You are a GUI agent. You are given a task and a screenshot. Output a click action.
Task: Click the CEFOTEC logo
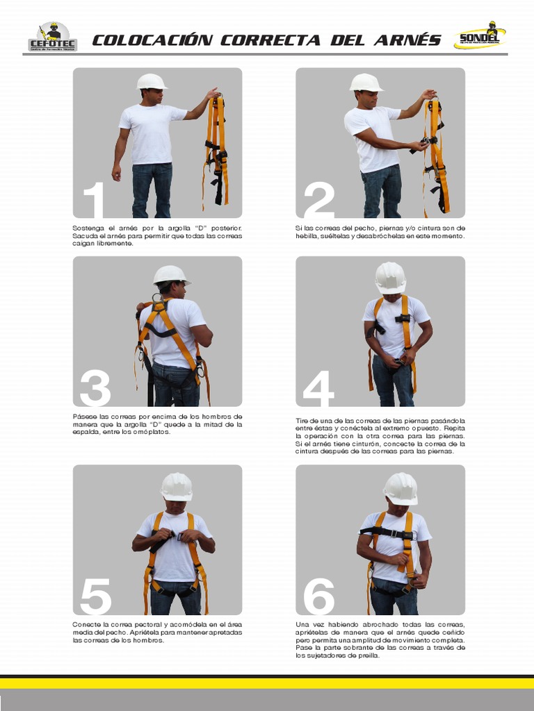(53, 37)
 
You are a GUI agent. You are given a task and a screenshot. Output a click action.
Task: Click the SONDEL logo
(480, 35)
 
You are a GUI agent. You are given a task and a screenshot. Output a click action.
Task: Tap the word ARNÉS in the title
(407, 40)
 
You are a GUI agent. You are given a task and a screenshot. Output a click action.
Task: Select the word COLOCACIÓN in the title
(152, 40)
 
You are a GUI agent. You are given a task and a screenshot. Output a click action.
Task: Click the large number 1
(94, 199)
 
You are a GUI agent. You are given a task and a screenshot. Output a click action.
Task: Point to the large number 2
(319, 199)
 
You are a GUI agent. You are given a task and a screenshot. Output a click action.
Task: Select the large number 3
(95, 388)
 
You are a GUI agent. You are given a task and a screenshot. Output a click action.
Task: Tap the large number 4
(318, 388)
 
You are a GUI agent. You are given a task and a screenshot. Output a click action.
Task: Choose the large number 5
(96, 596)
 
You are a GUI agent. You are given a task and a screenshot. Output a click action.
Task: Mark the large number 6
(319, 596)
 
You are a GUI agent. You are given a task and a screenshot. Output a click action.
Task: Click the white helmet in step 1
(152, 82)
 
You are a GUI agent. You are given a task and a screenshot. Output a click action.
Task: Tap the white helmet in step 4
(390, 278)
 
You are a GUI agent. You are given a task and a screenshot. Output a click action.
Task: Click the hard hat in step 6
(400, 489)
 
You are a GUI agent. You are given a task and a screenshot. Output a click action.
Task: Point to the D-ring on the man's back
(158, 300)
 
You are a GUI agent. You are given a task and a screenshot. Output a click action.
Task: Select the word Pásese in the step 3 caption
(83, 417)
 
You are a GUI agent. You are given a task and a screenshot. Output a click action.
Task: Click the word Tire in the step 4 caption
(302, 421)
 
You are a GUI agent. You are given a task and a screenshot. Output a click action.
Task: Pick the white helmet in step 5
(177, 487)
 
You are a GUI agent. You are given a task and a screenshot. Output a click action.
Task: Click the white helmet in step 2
(366, 83)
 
